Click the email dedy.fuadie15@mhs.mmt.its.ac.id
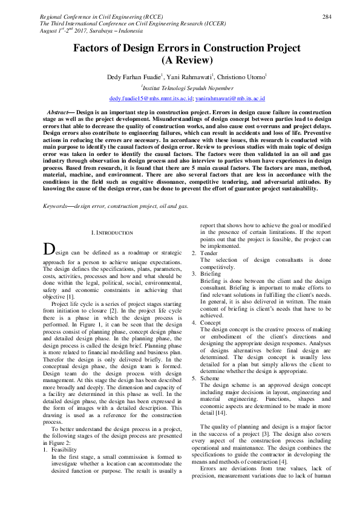[151, 98]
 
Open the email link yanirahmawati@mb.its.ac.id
[231, 98]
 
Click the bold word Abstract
[57, 113]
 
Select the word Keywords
[55, 206]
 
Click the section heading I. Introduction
[111, 232]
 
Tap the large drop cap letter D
[48, 248]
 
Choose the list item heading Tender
[209, 253]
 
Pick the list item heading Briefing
[211, 274]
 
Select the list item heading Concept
[211, 323]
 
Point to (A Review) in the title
[187, 60]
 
